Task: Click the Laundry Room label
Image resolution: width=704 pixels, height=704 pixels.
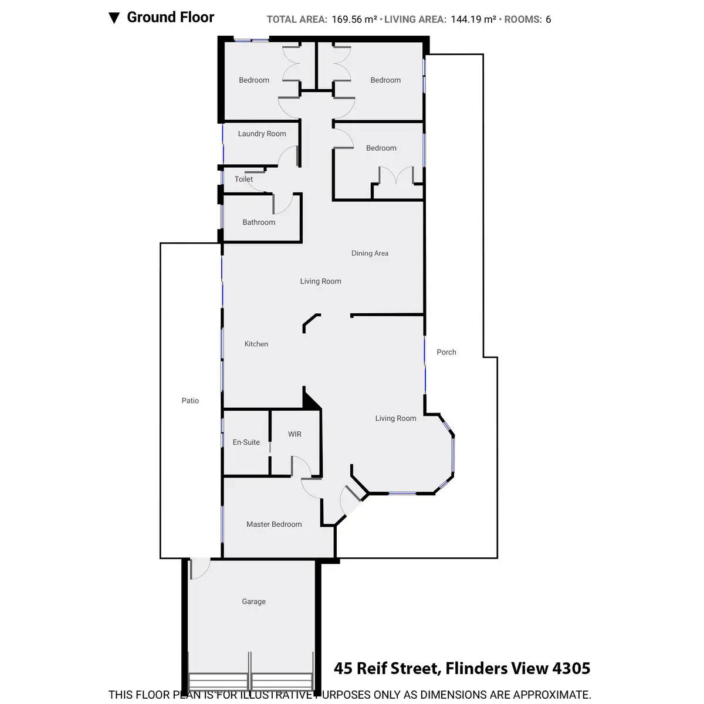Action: tap(262, 134)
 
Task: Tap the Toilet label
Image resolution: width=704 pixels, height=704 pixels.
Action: tap(243, 180)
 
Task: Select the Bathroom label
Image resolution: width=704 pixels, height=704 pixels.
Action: tap(259, 222)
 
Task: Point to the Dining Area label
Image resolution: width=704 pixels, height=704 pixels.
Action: tap(370, 253)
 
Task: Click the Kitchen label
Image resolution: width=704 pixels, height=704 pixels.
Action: tap(256, 344)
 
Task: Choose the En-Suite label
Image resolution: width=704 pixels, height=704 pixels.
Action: tap(246, 442)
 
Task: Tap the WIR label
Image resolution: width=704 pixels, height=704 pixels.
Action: tap(295, 434)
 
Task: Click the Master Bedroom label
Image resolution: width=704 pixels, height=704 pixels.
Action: tap(274, 524)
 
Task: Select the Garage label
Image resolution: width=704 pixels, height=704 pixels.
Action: tap(253, 601)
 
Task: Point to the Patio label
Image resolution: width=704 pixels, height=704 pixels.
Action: tap(190, 401)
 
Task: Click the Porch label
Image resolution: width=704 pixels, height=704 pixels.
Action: tap(446, 352)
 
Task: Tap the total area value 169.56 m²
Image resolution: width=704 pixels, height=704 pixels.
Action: tap(354, 19)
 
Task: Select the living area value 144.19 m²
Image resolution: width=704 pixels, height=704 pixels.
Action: tap(473, 19)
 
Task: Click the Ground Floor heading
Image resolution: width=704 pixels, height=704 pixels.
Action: tap(171, 18)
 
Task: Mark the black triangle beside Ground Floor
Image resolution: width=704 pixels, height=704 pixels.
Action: tap(114, 18)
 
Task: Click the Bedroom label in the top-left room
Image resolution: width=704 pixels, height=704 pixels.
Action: tap(254, 80)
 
